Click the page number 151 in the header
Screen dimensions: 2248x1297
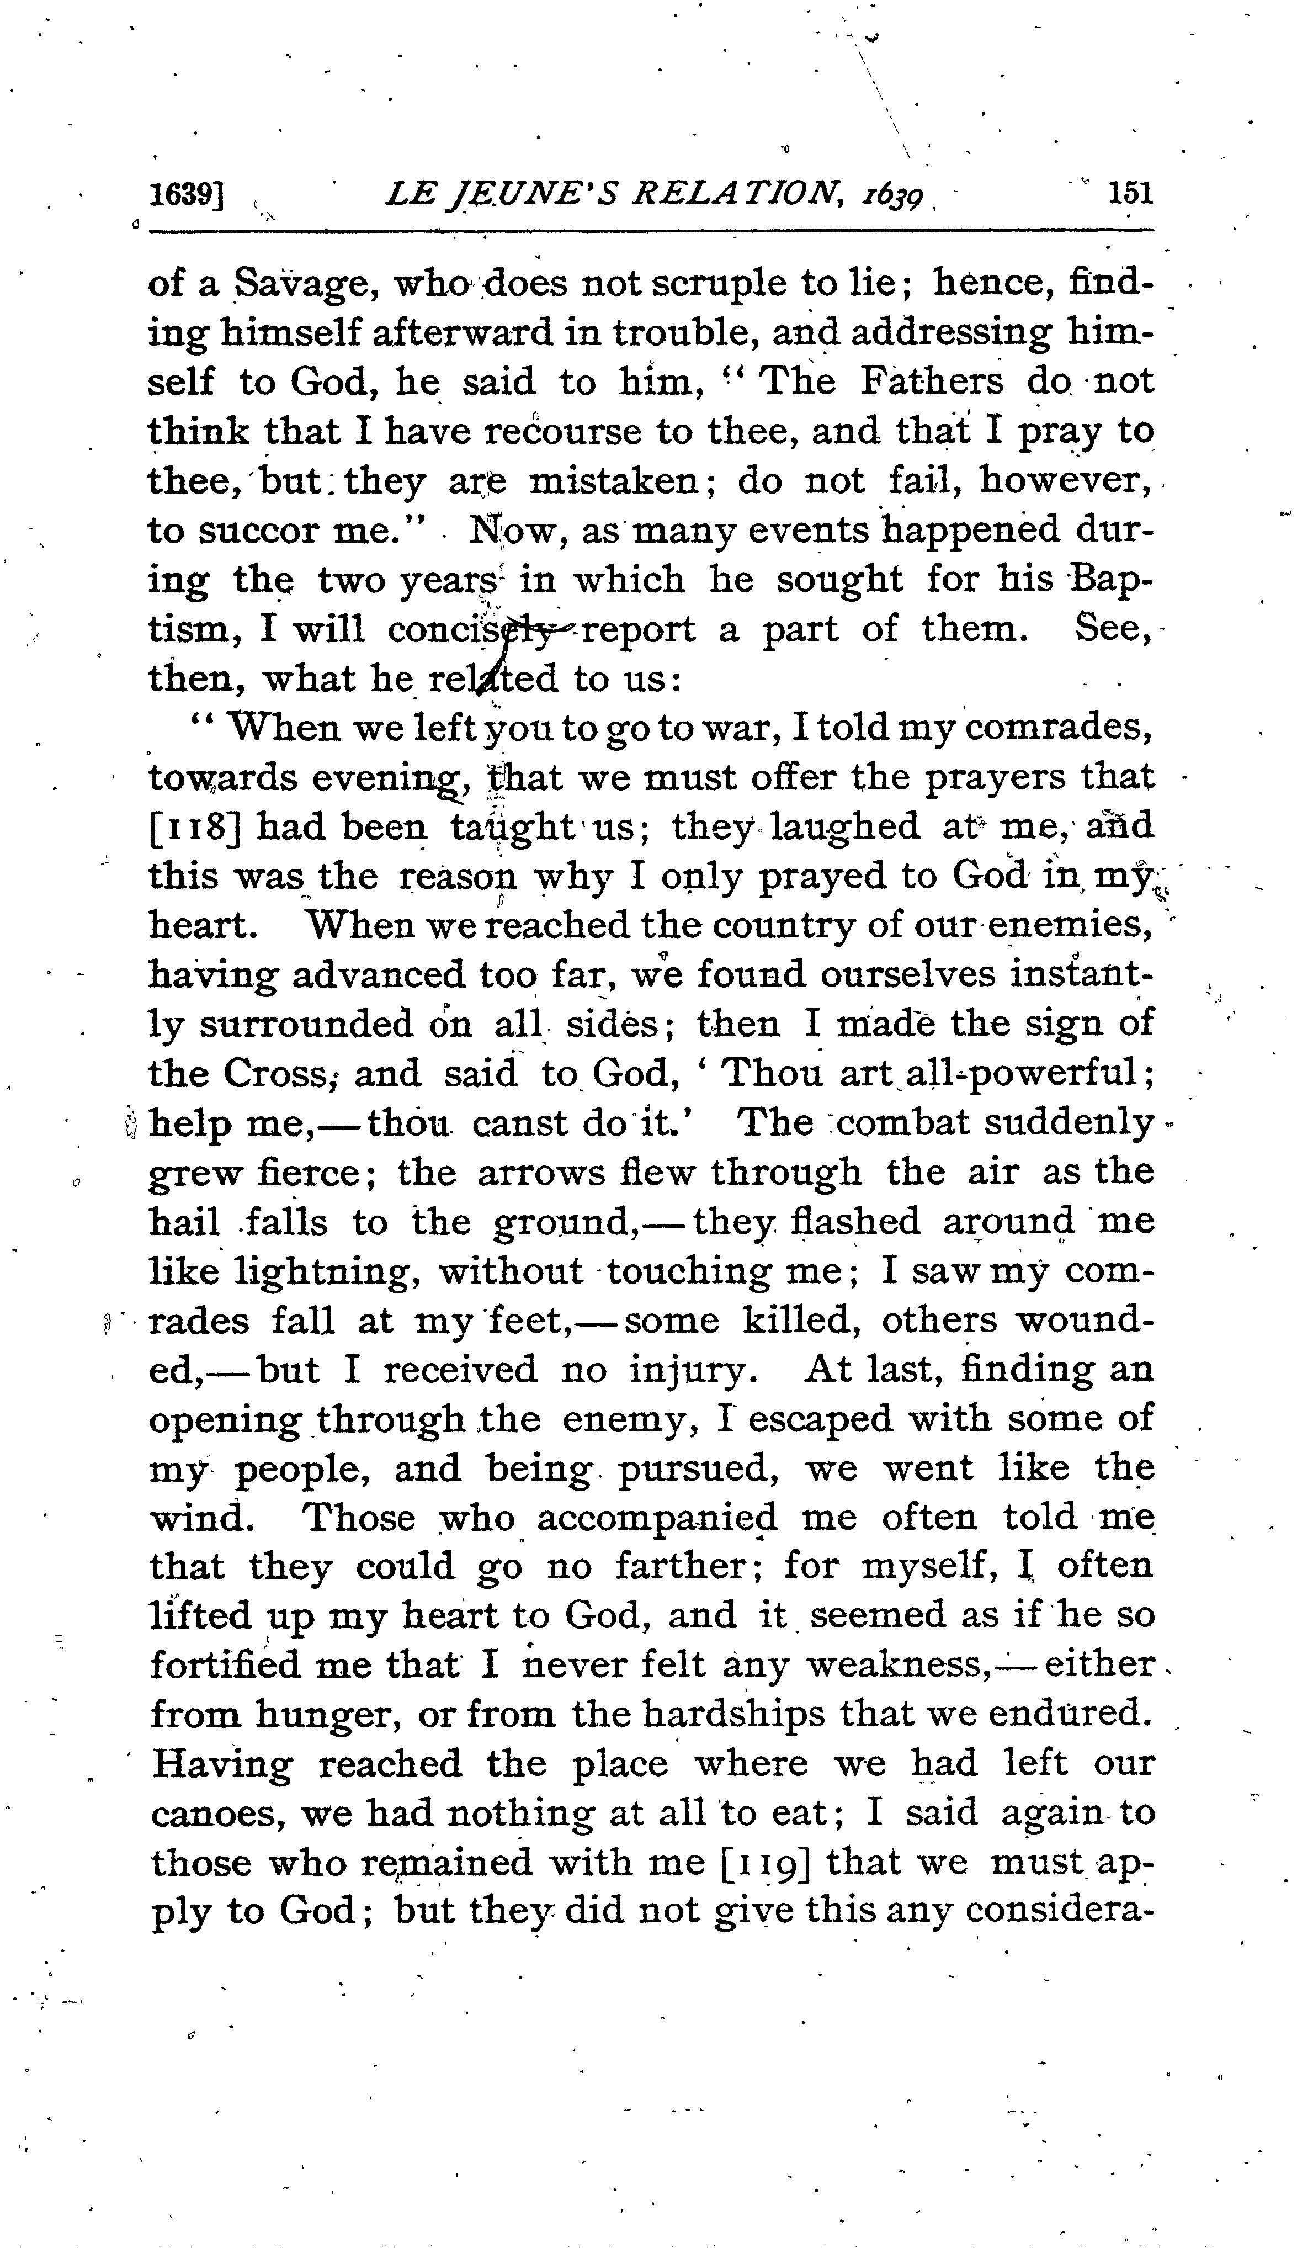pos(1130,193)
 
